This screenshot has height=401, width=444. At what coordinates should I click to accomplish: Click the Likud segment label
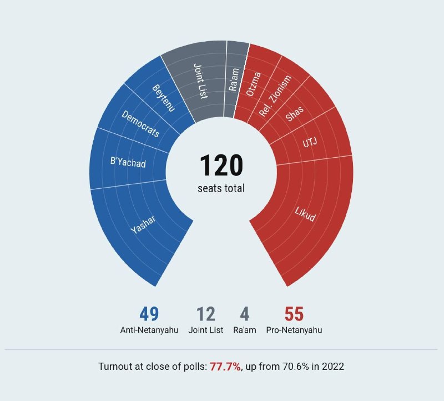(305, 214)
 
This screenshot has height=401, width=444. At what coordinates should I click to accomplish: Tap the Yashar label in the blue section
(143, 224)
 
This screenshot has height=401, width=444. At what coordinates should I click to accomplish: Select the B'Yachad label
(128, 162)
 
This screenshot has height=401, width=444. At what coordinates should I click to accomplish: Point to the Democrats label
(140, 124)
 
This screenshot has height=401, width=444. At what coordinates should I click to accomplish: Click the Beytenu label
(164, 98)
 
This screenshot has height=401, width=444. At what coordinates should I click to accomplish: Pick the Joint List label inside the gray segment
(200, 81)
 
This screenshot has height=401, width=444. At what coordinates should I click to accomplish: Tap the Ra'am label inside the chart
(234, 79)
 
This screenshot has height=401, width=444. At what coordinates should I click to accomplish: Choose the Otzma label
(253, 84)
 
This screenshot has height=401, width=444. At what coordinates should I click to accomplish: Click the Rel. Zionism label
(275, 96)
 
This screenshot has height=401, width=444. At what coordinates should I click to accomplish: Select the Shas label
(295, 113)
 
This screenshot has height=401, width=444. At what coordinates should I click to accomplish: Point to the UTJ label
(310, 143)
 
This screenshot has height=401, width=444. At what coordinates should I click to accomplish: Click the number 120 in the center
(221, 165)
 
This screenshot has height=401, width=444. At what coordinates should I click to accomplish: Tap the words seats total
(221, 188)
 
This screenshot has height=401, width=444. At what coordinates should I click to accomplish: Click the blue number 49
(149, 314)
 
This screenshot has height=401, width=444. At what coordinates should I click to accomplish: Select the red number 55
(294, 314)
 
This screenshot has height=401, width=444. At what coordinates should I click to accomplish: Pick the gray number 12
(205, 314)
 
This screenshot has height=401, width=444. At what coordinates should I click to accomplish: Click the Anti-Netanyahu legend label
(149, 330)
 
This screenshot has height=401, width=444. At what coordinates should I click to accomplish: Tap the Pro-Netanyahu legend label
(294, 330)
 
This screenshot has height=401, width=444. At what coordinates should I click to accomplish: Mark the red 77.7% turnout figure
(225, 367)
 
